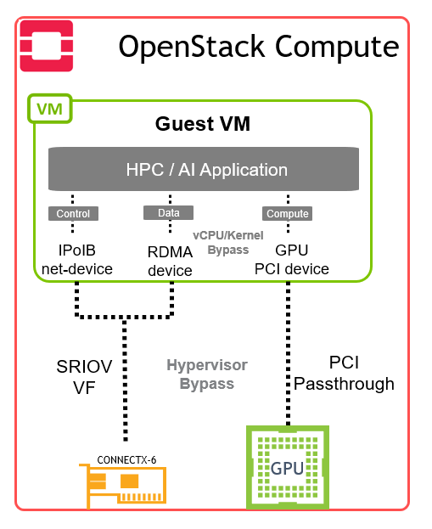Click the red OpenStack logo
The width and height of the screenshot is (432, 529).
(x=47, y=46)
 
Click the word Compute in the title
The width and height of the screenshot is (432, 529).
(x=337, y=48)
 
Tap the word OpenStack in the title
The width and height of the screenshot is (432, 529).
(x=192, y=48)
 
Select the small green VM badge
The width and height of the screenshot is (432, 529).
(x=50, y=109)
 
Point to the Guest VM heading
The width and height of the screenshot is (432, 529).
(x=203, y=124)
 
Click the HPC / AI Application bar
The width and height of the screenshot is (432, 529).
(x=204, y=169)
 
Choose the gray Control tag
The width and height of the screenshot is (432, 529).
(x=73, y=214)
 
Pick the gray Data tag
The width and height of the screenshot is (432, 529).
(x=169, y=213)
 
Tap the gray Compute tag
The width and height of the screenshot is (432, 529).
(x=288, y=214)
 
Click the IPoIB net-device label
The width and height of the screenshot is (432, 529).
(x=77, y=260)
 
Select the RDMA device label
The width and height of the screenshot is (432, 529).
(x=170, y=262)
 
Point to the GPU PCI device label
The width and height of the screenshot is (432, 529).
(x=292, y=260)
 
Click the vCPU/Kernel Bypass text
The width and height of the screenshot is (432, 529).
(x=228, y=243)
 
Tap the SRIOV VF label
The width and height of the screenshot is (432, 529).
(x=84, y=377)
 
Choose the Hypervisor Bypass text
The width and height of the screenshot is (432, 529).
(x=207, y=374)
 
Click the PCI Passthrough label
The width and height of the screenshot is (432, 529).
(x=344, y=374)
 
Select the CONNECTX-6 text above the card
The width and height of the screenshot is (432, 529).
(x=126, y=460)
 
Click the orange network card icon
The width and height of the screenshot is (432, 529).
(x=123, y=486)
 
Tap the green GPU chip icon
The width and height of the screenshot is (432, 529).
(x=288, y=467)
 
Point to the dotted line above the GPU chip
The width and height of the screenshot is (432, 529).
(x=288, y=353)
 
